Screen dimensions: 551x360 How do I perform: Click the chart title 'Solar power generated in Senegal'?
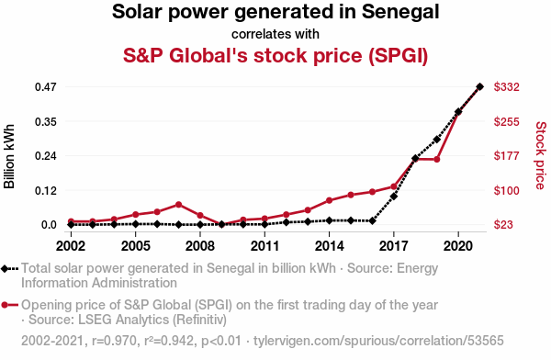[x=275, y=12]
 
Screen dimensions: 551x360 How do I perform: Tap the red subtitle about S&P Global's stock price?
[x=275, y=55]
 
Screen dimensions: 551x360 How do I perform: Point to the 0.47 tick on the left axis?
[x=45, y=87]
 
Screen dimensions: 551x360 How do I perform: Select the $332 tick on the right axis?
[x=506, y=87]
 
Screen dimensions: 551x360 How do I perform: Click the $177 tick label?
[x=506, y=156]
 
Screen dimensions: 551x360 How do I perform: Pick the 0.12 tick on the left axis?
[x=45, y=190]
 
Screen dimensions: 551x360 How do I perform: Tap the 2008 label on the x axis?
[x=200, y=246]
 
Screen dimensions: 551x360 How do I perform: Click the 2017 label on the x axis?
[x=394, y=246]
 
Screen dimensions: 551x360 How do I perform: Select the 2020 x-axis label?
[x=458, y=246]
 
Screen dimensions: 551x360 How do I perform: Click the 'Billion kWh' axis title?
[x=9, y=156]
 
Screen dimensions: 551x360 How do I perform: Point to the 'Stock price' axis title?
[x=541, y=155]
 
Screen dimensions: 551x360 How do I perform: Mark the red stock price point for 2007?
[x=178, y=205]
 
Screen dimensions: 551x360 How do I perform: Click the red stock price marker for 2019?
[x=437, y=159]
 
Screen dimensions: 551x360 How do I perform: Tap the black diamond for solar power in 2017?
[x=394, y=197]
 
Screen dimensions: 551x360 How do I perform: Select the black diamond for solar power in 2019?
[x=437, y=140]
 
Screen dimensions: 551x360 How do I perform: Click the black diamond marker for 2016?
[x=373, y=220]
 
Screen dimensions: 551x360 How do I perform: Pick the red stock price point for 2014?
[x=330, y=200]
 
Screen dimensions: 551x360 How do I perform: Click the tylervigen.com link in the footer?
[x=378, y=341]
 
